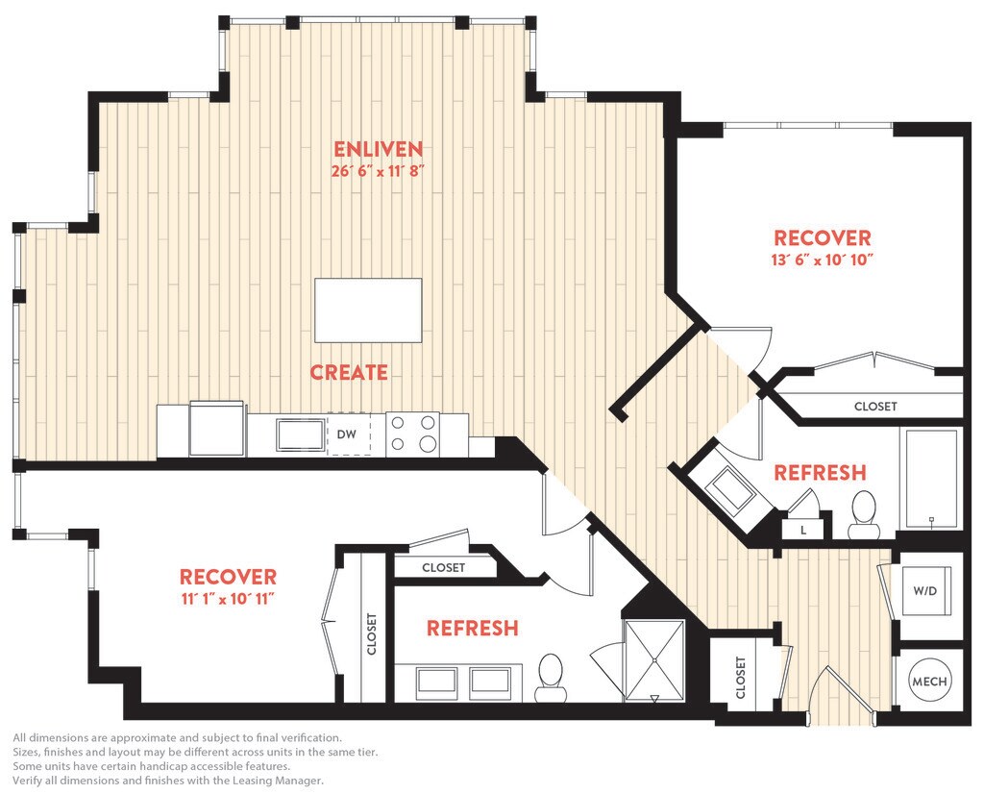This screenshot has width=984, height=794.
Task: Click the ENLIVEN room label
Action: pos(379,149)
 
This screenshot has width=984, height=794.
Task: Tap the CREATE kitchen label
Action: pos(349,372)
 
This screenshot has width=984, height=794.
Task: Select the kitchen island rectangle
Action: pos(368,310)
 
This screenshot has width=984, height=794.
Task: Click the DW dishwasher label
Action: pos(346,434)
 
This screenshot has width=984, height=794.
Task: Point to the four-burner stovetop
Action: pos(412,434)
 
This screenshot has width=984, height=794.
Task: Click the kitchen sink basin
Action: pos(300,435)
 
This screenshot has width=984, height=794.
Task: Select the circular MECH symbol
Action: pos(929,681)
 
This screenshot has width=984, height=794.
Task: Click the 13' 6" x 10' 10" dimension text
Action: pos(823,260)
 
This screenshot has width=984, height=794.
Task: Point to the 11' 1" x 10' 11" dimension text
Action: pos(229,599)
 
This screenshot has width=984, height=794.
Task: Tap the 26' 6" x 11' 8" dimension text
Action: pos(379,170)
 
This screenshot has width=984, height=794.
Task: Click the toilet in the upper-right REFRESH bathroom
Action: pos(864,513)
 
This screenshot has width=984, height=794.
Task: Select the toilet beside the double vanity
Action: pos(551,678)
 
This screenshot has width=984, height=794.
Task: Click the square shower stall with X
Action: pos(654,660)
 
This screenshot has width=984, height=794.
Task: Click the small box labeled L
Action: pos(803,530)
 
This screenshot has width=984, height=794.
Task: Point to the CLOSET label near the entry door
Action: pos(741,678)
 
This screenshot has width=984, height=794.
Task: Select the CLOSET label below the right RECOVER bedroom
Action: pos(875,406)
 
